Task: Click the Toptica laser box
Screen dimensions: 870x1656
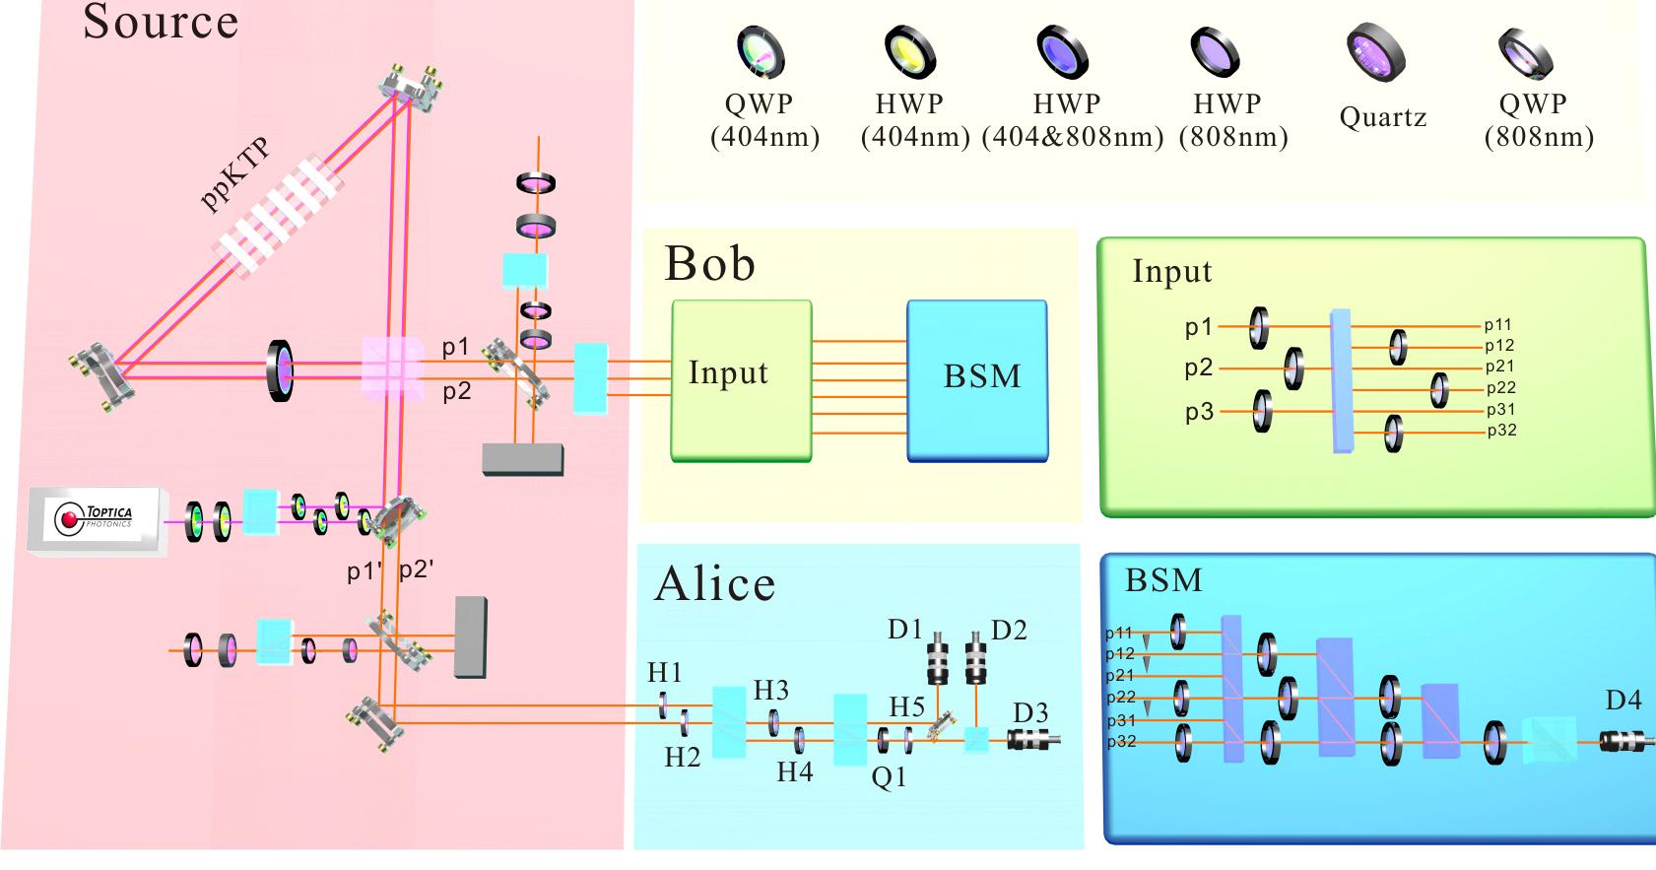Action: click(96, 519)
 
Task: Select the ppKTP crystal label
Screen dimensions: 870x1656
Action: click(234, 175)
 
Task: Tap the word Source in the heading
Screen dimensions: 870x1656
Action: click(161, 22)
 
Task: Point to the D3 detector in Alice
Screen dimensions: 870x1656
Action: click(1033, 740)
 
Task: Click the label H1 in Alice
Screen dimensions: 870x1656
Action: click(665, 673)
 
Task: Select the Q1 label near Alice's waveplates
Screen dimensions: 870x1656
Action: click(889, 777)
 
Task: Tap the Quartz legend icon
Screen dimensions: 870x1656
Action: click(1375, 54)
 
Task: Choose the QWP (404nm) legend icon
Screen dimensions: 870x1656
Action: click(761, 51)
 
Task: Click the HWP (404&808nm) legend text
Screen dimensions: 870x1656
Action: click(1072, 120)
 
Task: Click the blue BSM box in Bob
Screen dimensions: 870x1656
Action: click(976, 380)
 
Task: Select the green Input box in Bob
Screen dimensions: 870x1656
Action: click(741, 380)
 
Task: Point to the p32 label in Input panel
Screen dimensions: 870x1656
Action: click(1501, 431)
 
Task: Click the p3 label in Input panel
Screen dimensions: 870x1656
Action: click(1199, 412)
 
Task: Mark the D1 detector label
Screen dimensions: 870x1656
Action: click(904, 629)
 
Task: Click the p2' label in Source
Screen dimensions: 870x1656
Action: click(416, 570)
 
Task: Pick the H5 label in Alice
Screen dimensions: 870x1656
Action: click(906, 706)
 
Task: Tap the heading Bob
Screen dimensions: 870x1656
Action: click(709, 264)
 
